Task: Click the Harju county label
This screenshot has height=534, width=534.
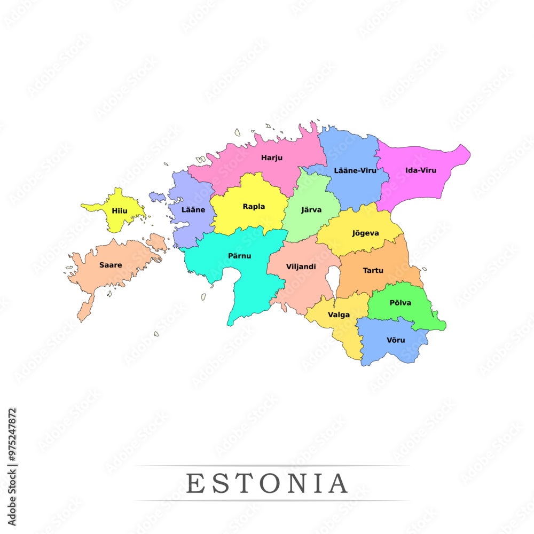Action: (272, 158)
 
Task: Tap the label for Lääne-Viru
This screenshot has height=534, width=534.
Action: (355, 171)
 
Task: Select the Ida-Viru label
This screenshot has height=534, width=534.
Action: (421, 170)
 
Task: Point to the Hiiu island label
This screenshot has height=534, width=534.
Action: (120, 211)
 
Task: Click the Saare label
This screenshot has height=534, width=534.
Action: (111, 265)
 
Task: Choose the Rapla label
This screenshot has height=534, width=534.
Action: (254, 207)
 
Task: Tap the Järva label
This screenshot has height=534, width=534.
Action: (311, 210)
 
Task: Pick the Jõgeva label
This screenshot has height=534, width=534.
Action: (366, 233)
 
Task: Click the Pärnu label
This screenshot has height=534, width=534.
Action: (239, 256)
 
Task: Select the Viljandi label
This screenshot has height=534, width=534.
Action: (301, 266)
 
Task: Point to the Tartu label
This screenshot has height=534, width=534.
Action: (373, 271)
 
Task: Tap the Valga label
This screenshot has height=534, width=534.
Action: (339, 315)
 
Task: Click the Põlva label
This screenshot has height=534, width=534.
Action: (400, 303)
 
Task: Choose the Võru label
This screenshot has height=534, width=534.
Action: (396, 340)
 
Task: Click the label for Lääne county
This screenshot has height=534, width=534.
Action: (193, 210)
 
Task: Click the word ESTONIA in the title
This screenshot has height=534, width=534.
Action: (267, 484)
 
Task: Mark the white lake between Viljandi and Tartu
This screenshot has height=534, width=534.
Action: (332, 279)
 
